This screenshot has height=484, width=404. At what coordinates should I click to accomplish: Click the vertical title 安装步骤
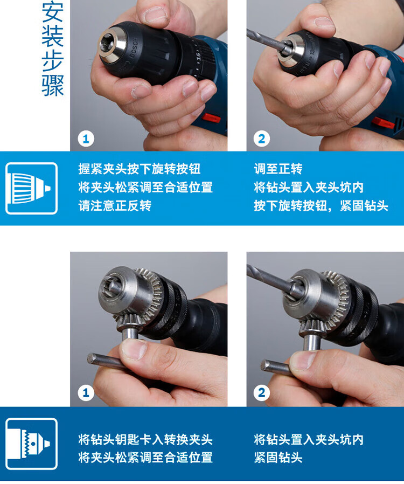pos(53,50)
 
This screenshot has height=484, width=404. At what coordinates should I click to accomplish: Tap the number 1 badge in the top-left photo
pos(86,139)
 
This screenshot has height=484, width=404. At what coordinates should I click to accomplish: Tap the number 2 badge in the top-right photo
pos(261,139)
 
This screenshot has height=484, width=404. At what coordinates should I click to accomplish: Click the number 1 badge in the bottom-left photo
pos(86,393)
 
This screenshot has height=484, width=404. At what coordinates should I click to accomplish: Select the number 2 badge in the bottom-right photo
pos(261,393)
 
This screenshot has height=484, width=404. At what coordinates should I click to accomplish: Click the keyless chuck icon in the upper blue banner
pos(31,188)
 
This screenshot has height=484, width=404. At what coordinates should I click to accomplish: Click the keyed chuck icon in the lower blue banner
pos(31,444)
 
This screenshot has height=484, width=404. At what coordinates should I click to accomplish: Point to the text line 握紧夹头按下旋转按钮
pos(140,169)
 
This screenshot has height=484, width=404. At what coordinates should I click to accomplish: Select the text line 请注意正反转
pos(115,205)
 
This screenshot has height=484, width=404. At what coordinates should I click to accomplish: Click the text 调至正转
pos(278,169)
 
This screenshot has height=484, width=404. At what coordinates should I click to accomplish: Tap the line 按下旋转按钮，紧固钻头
pos(321,205)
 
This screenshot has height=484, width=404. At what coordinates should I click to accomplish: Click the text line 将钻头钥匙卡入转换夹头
pos(145,439)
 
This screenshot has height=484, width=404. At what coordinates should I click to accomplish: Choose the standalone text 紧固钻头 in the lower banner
pos(278,458)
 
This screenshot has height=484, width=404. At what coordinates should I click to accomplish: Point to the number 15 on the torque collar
pos(199,57)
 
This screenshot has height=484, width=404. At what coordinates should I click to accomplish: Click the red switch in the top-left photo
pos(211,117)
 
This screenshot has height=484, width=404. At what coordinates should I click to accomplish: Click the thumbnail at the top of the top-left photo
pos(156,15)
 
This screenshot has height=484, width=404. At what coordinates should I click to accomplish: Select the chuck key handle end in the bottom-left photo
pos(92,358)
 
